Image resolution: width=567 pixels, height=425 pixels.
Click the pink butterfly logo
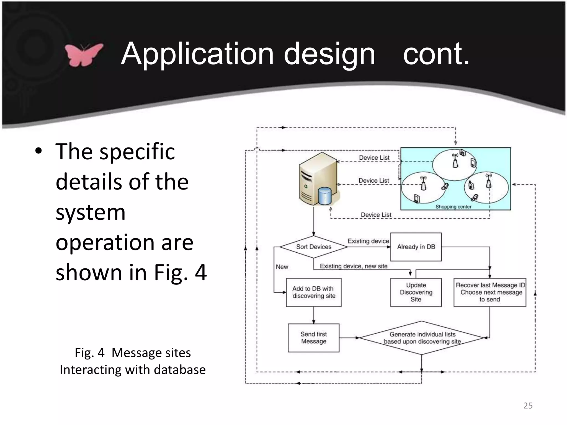(x=84, y=55)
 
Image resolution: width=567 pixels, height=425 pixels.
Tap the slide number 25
(x=528, y=406)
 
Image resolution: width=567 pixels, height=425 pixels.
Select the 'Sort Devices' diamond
(x=313, y=247)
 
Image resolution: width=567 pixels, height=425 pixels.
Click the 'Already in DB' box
(x=416, y=247)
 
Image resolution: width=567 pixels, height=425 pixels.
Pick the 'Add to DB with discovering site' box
(x=314, y=292)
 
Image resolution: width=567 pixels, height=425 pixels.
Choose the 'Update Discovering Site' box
(x=416, y=292)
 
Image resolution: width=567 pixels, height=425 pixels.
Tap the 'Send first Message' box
(x=314, y=338)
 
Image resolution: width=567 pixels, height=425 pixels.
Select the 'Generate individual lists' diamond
(x=422, y=338)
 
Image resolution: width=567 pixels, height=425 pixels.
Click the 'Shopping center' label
(x=453, y=207)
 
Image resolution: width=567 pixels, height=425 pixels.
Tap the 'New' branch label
(x=282, y=267)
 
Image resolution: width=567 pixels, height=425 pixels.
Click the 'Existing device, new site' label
(x=354, y=266)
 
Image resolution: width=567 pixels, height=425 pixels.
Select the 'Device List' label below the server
(x=376, y=215)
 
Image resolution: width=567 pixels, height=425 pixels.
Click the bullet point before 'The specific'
(x=38, y=151)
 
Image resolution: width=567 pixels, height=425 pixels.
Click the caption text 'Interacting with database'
(x=133, y=370)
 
